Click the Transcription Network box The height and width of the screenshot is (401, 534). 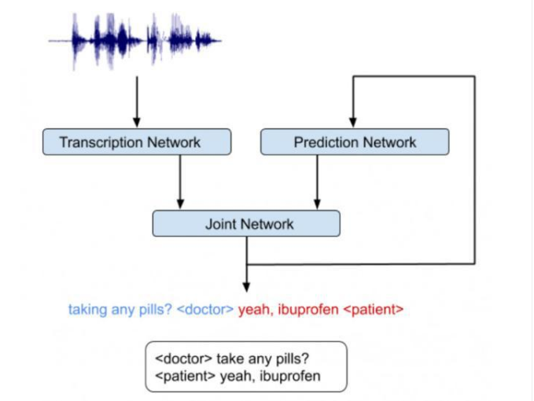tap(137, 142)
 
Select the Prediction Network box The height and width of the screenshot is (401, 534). tap(355, 142)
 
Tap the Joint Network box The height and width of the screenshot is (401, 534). tap(246, 223)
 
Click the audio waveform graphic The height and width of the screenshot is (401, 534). tap(134, 41)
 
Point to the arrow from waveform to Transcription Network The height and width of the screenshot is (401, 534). tap(137, 101)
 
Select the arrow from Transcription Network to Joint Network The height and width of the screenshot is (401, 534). tap(181, 182)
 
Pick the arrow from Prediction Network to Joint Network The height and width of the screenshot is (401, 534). tap(317, 182)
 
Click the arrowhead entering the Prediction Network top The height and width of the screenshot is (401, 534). tap(353, 123)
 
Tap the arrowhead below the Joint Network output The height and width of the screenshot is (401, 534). tap(247, 287)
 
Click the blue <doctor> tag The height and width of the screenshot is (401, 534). tap(205, 310)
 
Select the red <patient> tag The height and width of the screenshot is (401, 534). tap(374, 310)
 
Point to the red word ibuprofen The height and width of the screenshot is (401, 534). tap(308, 310)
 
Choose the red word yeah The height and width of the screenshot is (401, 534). tap(256, 310)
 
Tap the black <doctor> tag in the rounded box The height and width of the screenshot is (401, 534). tap(183, 359)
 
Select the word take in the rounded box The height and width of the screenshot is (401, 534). tap(230, 359)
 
